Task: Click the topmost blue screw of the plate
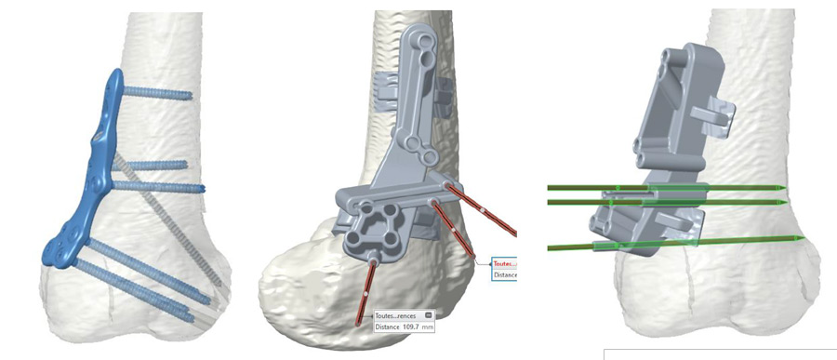tap(158, 95)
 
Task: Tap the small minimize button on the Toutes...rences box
tap(427, 314)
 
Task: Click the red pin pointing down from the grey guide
tap(365, 292)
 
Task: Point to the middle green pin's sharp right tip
tap(789, 201)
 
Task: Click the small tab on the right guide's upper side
tap(722, 115)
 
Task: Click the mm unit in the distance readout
tap(428, 327)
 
